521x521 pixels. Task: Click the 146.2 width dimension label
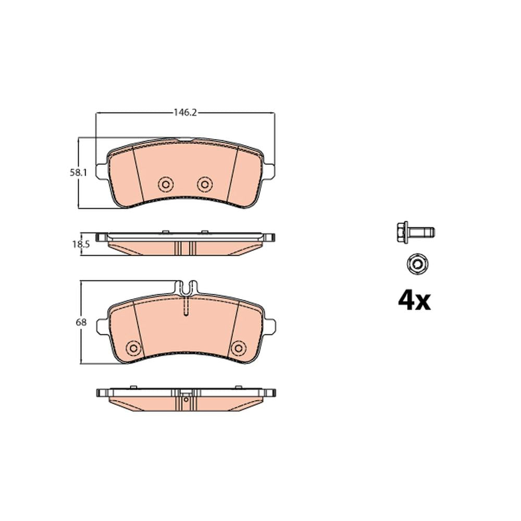pyautogui.click(x=185, y=113)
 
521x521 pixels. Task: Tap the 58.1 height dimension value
pyautogui.click(x=78, y=173)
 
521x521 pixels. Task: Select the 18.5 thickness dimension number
pyautogui.click(x=81, y=244)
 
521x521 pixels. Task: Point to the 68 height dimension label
pyautogui.click(x=81, y=322)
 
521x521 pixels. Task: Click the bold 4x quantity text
pyautogui.click(x=414, y=301)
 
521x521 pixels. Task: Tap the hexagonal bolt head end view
pyautogui.click(x=417, y=264)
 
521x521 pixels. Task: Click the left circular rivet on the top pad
pyautogui.click(x=166, y=184)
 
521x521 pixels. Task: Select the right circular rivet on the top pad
pyautogui.click(x=205, y=184)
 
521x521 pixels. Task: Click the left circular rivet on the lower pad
pyautogui.click(x=133, y=348)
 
